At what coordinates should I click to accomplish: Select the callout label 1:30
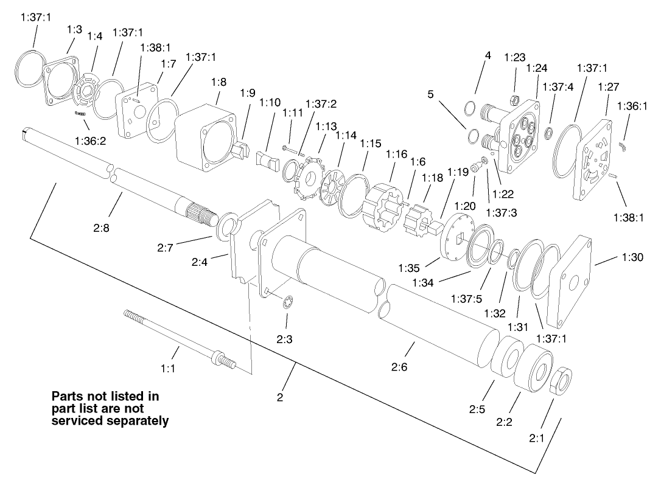[632, 257]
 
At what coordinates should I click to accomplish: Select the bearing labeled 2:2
[533, 370]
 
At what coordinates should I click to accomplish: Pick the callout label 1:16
[397, 155]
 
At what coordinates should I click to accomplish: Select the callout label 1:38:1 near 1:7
[155, 47]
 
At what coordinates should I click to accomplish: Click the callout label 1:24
[536, 68]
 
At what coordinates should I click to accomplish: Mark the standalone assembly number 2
[279, 398]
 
